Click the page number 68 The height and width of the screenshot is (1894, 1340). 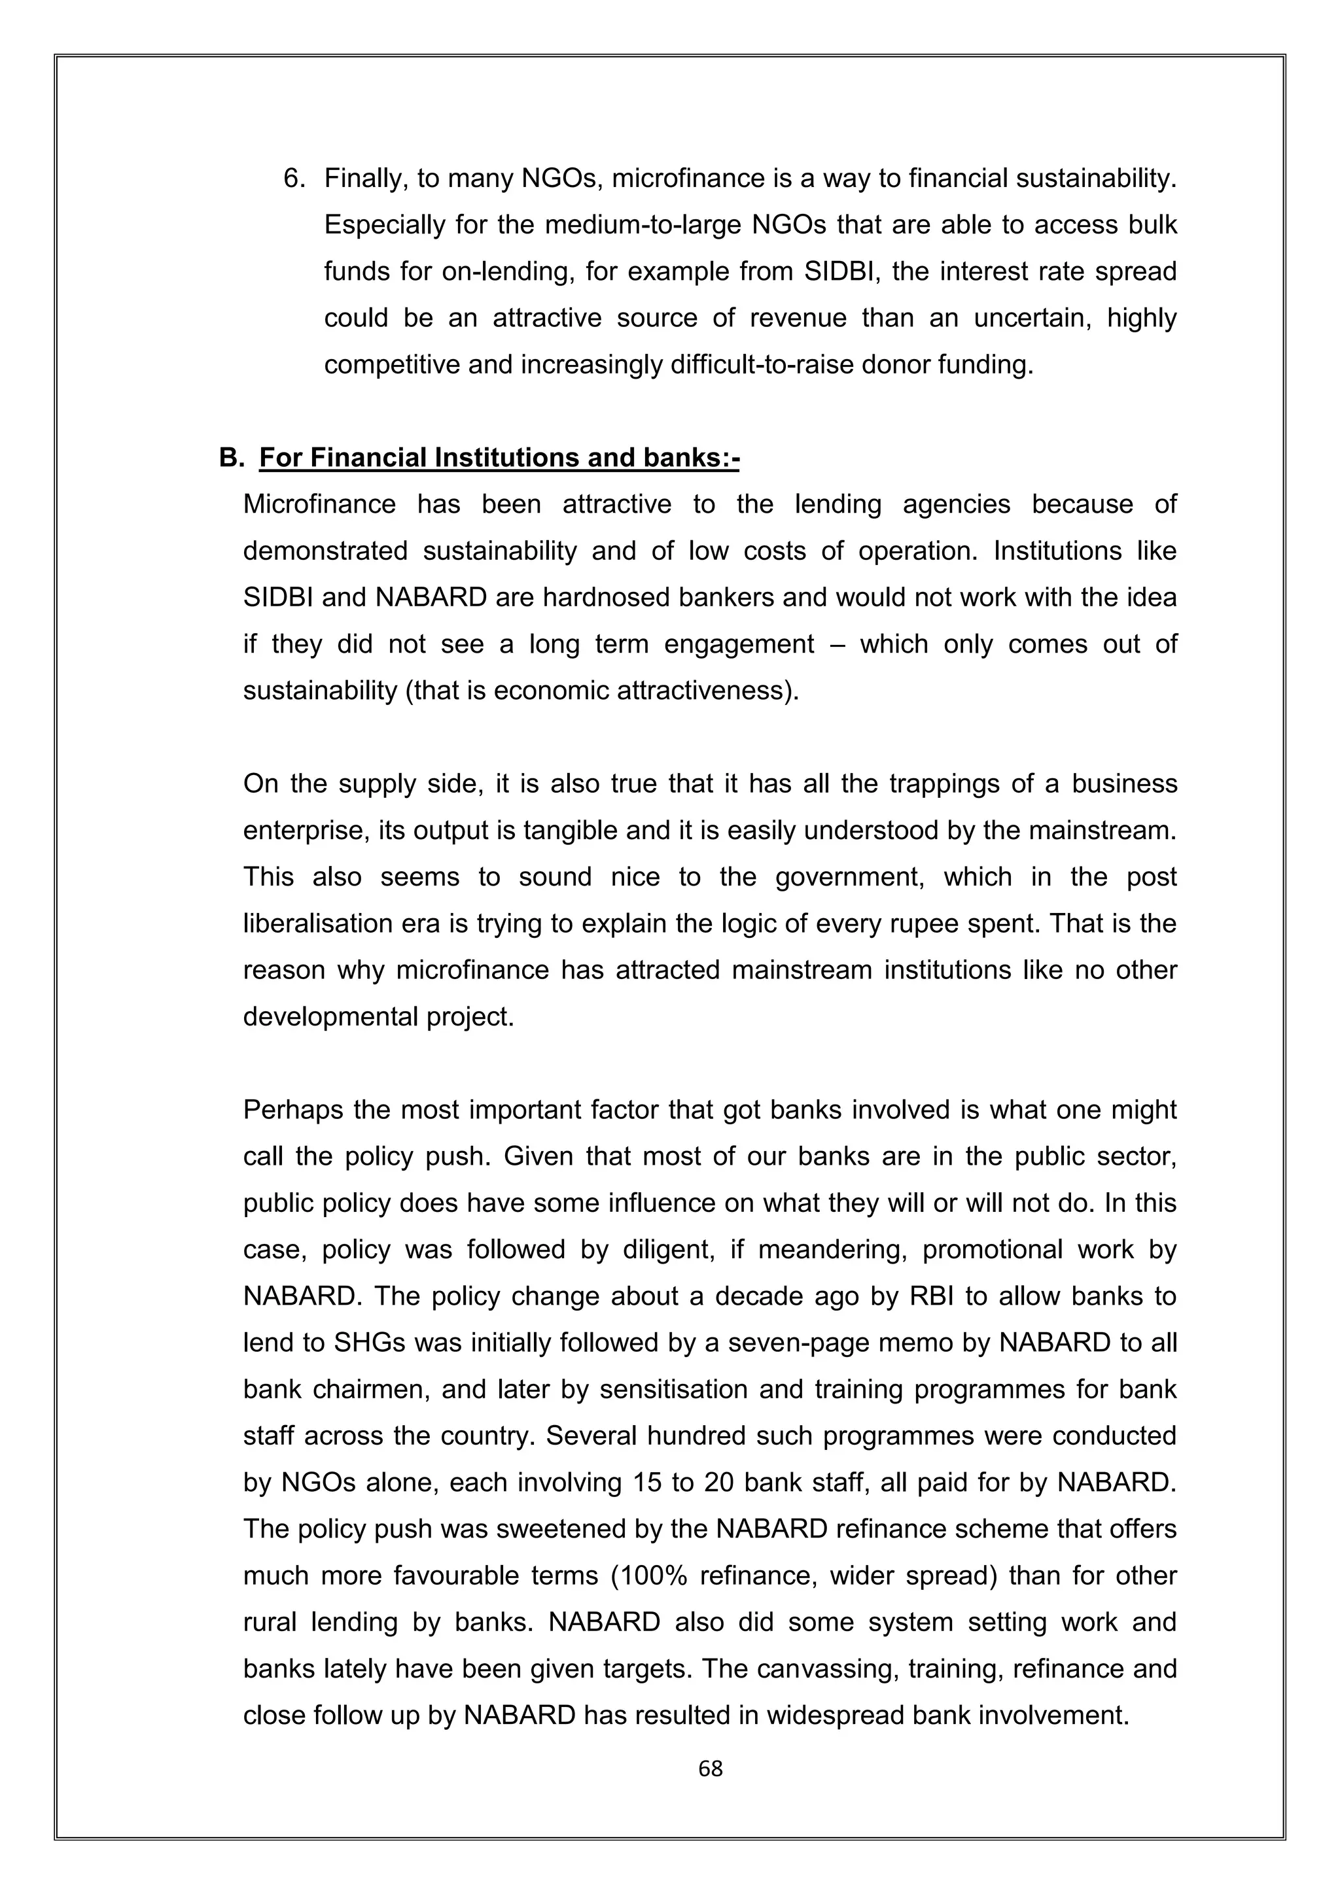point(710,1768)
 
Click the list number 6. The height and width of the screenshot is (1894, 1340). point(294,178)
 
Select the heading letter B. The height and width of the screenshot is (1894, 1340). point(228,458)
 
